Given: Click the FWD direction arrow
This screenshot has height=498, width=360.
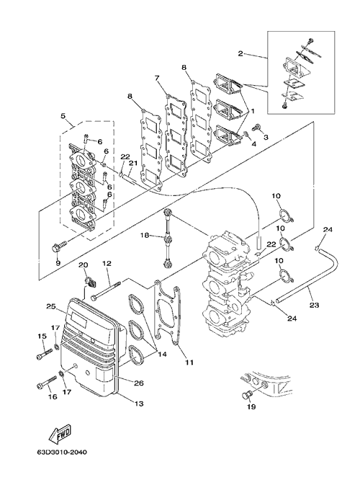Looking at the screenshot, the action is (60, 432).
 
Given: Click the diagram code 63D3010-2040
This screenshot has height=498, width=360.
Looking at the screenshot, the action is (61, 452).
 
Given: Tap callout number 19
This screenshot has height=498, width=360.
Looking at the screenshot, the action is (251, 406).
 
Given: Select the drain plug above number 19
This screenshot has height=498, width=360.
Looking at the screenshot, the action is (246, 396).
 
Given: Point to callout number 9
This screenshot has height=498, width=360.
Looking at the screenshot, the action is (58, 262).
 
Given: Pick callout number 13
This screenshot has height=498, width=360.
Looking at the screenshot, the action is (139, 404).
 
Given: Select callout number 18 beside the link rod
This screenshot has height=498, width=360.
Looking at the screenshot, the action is (145, 236).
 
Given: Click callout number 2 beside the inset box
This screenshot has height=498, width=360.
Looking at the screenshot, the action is (240, 53).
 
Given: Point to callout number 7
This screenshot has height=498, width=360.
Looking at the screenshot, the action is (158, 78).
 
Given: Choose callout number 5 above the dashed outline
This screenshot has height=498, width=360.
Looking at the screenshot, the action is (63, 116).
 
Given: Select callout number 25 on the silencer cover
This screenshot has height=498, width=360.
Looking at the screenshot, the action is (51, 307).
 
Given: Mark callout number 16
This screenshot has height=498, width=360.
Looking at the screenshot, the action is (53, 396).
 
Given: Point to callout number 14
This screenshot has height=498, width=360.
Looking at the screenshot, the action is (163, 353).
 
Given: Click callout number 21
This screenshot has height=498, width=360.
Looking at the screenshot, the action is (132, 163).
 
